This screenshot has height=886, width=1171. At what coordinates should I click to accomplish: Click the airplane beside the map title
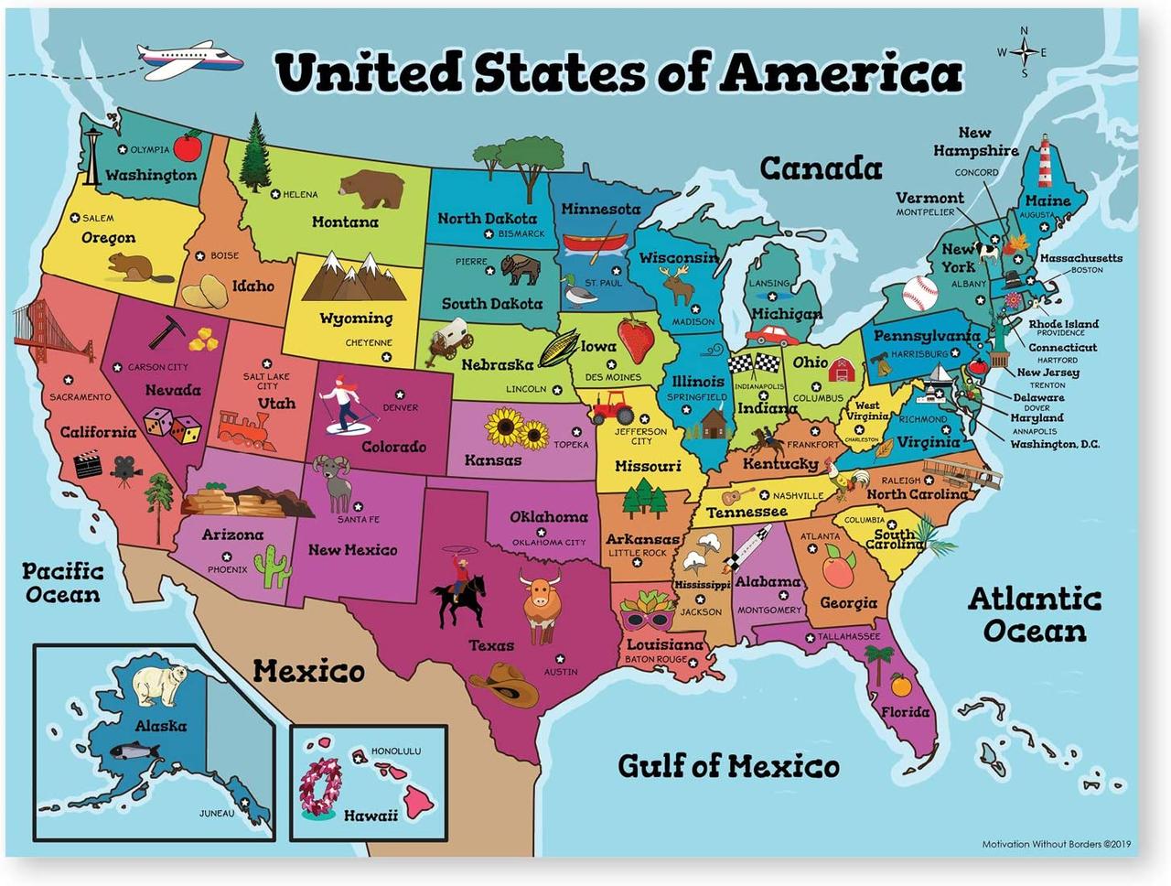pos(189,59)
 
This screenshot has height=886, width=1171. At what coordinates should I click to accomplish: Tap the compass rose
pos(1024,52)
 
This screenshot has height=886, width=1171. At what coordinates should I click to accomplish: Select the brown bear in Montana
pos(371,188)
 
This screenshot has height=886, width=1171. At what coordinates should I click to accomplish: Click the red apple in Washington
pos(188,146)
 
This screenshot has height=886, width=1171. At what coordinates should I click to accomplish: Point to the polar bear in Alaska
pos(161,685)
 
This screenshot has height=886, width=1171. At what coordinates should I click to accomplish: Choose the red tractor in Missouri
pos(612,406)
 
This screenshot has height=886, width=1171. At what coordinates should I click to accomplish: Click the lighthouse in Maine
pos(1043,163)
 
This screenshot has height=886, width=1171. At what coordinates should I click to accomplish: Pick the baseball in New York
pos(920,294)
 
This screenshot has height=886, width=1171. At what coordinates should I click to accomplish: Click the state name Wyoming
pos(356,319)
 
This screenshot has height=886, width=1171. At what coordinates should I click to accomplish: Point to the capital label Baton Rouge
pos(656,659)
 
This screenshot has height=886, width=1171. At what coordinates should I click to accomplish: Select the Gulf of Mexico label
pos(728,765)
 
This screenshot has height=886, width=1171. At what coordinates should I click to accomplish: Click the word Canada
pos(821,168)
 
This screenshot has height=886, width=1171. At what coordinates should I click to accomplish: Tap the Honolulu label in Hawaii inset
pos(395,751)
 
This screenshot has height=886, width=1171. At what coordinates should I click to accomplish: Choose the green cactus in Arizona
pos(272,567)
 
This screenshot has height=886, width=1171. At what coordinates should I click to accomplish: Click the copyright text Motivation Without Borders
pos(1056,844)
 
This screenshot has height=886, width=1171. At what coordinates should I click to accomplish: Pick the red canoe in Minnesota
pos(595,243)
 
